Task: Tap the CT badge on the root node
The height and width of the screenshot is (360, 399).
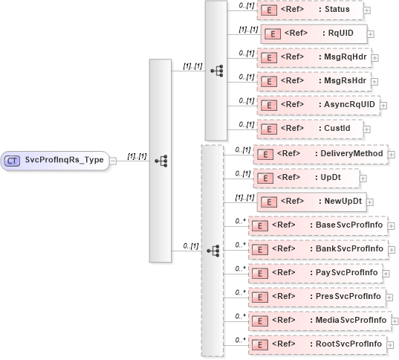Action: pyautogui.click(x=13, y=159)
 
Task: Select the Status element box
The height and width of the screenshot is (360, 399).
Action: pyautogui.click(x=308, y=10)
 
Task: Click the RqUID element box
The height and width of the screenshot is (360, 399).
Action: pyautogui.click(x=312, y=33)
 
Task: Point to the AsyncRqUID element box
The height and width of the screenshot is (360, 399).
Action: pyautogui.click(x=317, y=105)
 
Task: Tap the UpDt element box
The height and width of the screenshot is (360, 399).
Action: pyautogui.click(x=307, y=178)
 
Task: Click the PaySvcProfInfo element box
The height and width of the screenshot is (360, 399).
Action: pyautogui.click(x=316, y=273)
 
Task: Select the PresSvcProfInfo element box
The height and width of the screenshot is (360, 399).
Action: pyautogui.click(x=316, y=297)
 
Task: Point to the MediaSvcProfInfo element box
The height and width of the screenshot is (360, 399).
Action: pyautogui.click(x=319, y=321)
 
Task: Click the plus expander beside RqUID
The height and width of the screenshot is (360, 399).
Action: pyautogui.click(x=371, y=33)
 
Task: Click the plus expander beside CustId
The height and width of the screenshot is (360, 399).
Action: pyautogui.click(x=367, y=129)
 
